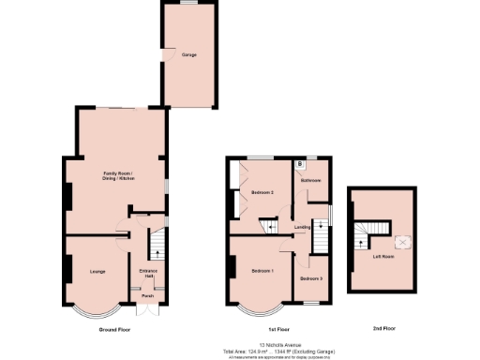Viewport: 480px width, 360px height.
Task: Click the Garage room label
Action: (188, 55)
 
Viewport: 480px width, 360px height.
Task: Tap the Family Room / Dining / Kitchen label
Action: (117, 177)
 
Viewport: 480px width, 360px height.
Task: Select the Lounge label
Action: (97, 272)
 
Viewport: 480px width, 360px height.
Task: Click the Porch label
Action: (147, 295)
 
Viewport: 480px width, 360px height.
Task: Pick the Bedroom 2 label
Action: (262, 192)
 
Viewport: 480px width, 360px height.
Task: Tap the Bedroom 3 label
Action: (311, 278)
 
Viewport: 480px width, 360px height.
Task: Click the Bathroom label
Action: (311, 180)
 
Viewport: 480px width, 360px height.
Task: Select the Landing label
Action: (302, 227)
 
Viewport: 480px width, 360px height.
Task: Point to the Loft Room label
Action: (382, 256)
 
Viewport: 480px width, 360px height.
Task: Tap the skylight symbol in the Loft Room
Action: (403, 241)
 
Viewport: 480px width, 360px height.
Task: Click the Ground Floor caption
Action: (114, 330)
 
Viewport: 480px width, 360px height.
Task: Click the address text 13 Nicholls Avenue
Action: (277, 344)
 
